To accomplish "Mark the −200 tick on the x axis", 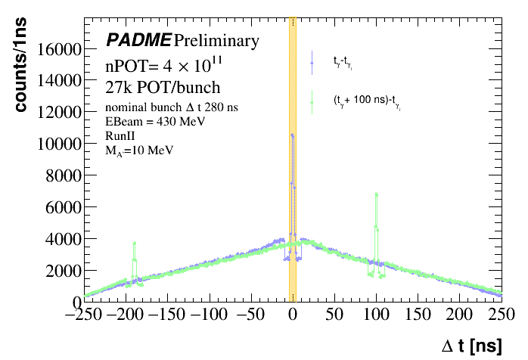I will click(123, 315).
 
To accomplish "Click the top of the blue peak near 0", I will click(293, 135).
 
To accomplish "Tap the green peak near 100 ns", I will click(376, 195).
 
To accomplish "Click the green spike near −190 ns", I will click(134, 244).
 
